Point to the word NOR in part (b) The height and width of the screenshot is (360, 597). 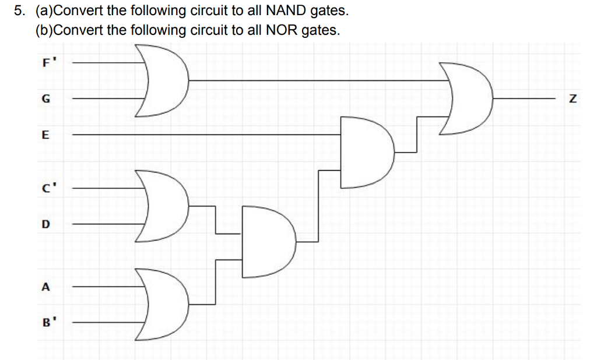coord(282,30)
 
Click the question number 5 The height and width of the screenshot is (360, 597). coord(19,10)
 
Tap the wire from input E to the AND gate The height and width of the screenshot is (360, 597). coord(204,135)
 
